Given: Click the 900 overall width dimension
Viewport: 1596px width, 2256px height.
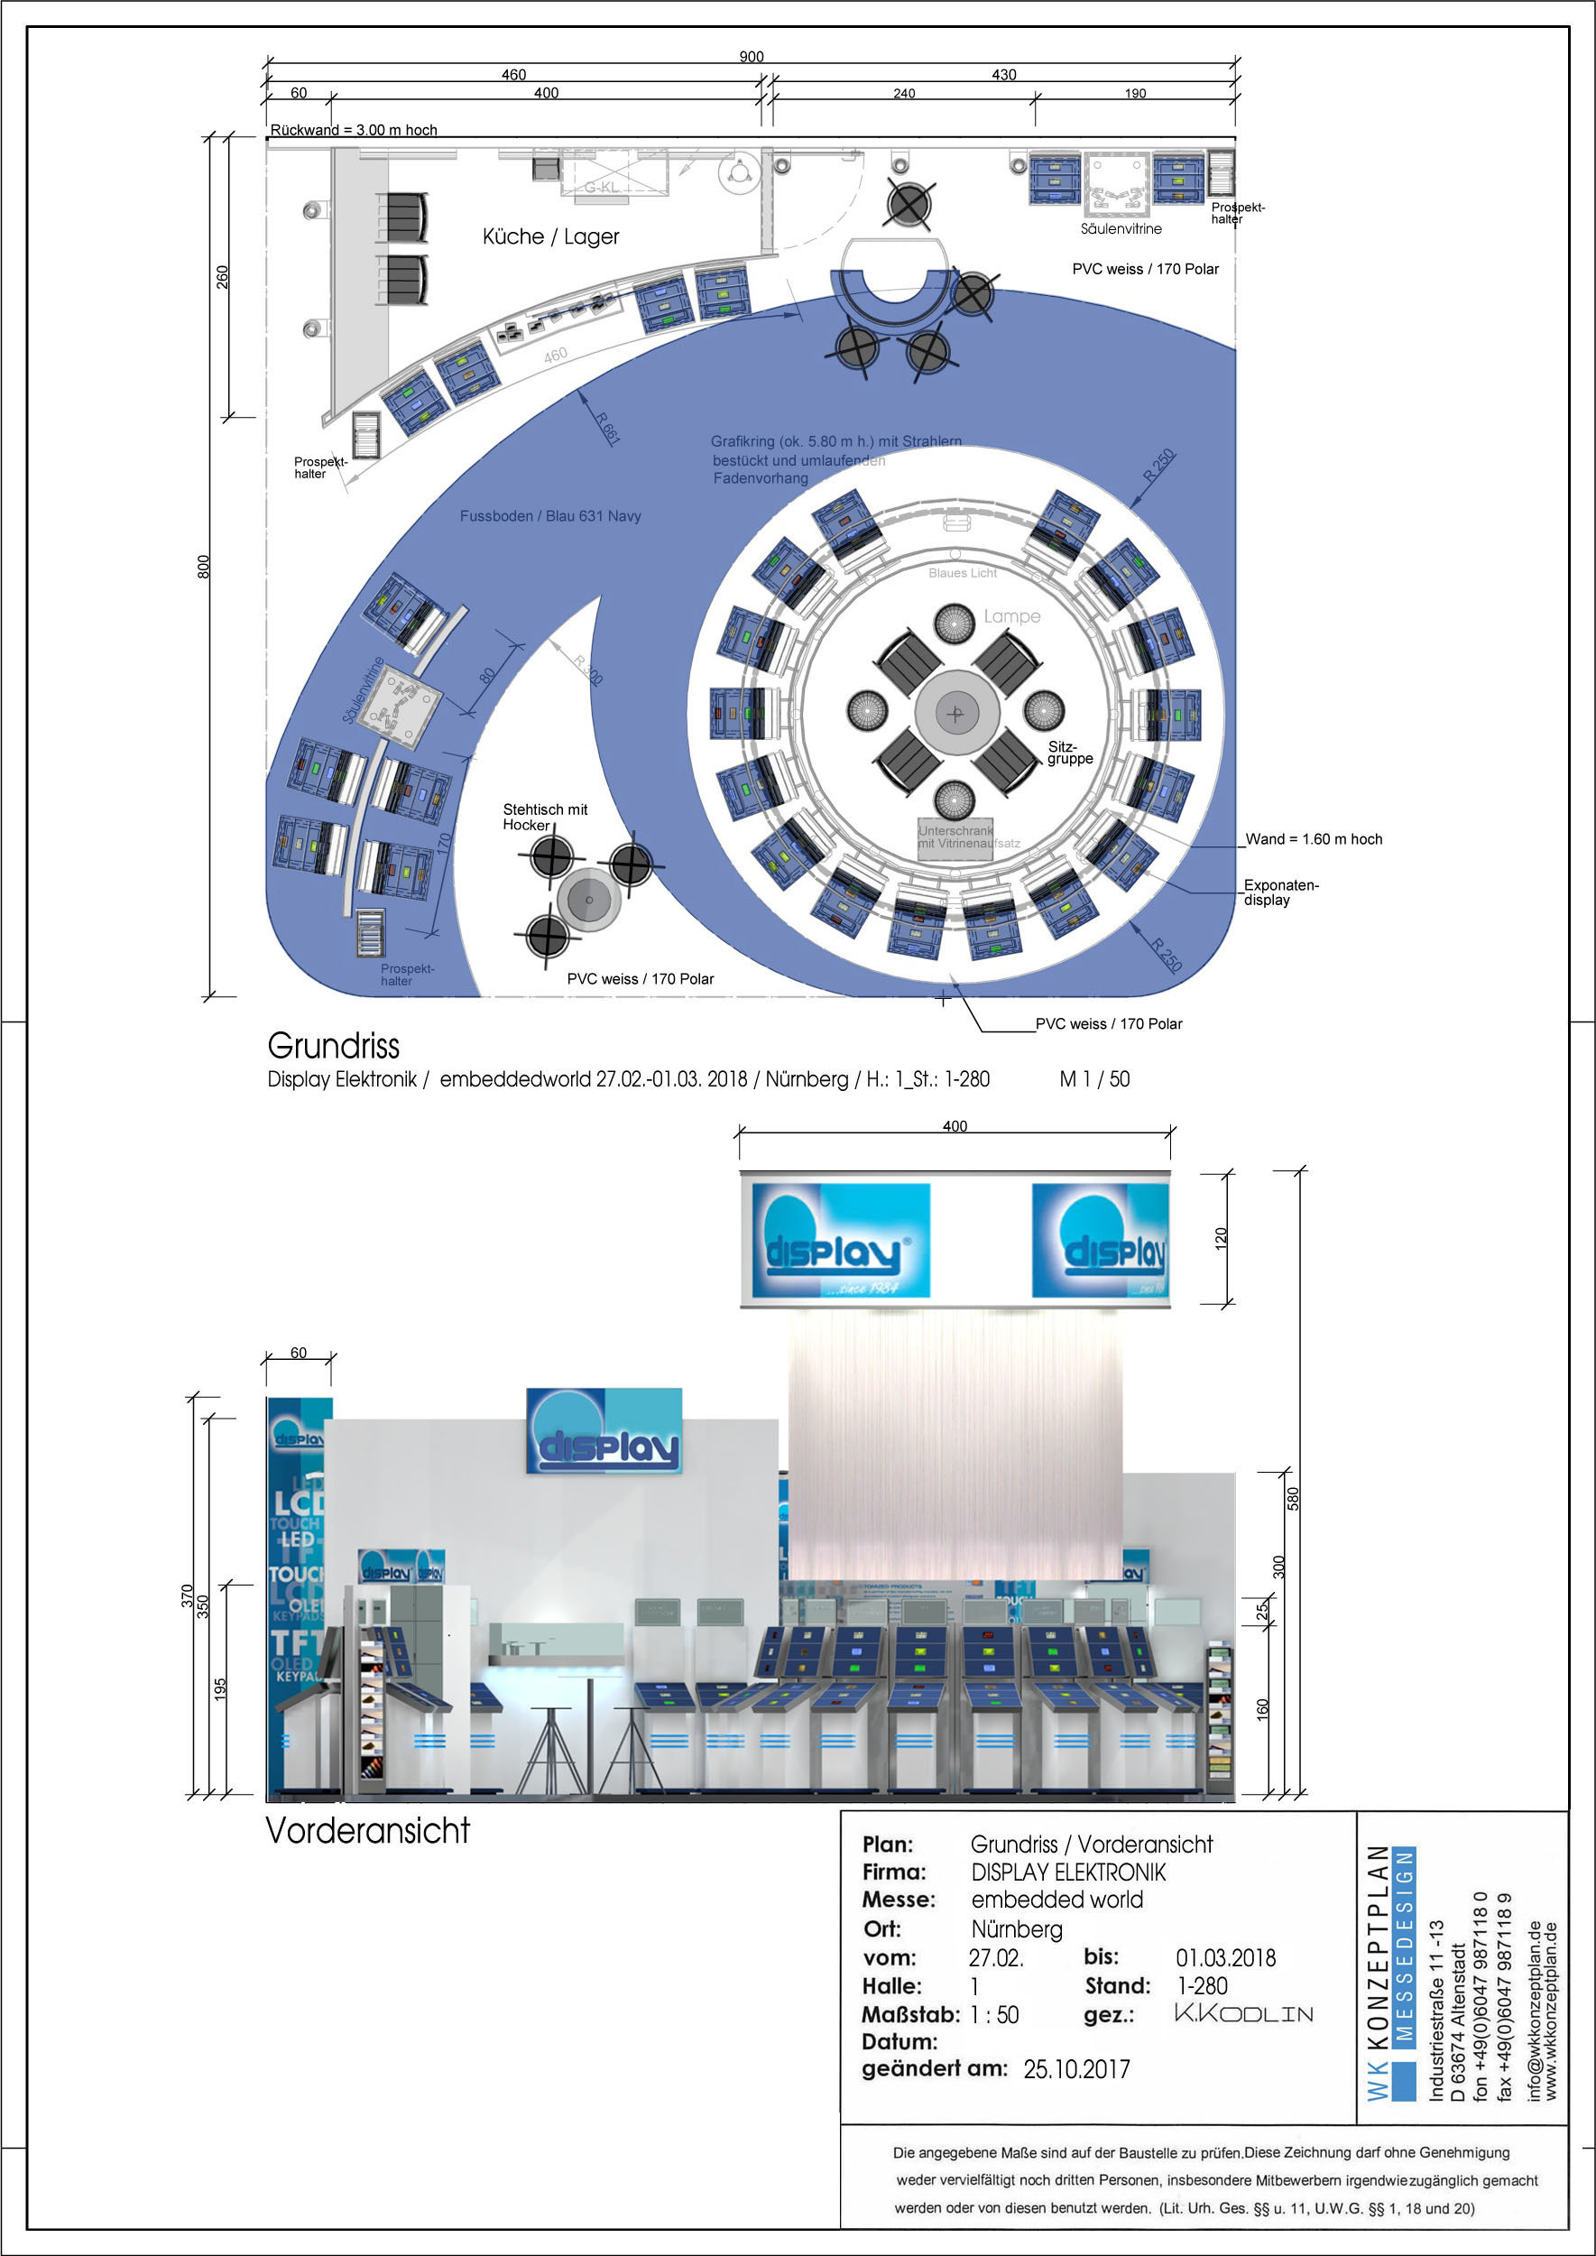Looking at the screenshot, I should tap(751, 56).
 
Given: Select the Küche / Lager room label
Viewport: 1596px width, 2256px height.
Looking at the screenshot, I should tap(550, 237).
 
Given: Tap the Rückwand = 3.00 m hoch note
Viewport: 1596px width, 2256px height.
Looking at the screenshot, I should tap(354, 130).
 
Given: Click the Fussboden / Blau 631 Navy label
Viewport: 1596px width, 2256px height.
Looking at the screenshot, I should tap(550, 516).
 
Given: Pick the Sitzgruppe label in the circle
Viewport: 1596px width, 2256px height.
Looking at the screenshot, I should tap(1069, 752).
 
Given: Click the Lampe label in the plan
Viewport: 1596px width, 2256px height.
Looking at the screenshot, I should tap(1011, 616).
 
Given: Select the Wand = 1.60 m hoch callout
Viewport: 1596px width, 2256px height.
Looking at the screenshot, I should tap(1313, 838).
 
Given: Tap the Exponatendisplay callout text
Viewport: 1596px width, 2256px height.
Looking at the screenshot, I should tap(1280, 892).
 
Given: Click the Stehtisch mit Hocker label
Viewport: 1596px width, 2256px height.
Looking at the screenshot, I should tap(544, 817).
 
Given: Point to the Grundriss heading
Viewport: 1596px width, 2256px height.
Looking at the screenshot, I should tap(333, 1046).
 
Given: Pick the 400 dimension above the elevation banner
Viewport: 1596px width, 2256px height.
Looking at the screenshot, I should tap(955, 1126).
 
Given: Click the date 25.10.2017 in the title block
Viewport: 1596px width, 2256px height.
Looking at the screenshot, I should tap(1076, 2069).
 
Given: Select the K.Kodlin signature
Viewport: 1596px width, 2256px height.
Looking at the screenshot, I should tap(1243, 2013).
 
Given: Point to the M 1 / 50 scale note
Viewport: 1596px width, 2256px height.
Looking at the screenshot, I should tap(1093, 1079).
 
